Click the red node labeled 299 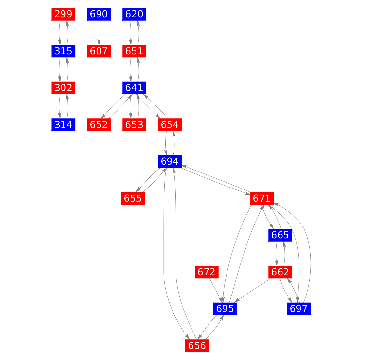tap(64, 14)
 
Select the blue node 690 tap(99, 14)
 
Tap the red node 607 tap(99, 51)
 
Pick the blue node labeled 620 tap(134, 14)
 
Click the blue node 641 tap(134, 88)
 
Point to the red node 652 tap(99, 125)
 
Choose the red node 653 tap(134, 125)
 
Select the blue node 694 tap(170, 162)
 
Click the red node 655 tap(133, 199)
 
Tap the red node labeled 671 tap(262, 199)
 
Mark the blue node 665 tap(280, 235)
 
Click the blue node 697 tap(299, 309)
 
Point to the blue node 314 tap(64, 125)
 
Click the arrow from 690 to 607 tap(99, 33)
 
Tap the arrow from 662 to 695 tap(254, 290)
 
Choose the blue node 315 tap(64, 51)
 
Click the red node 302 tap(64, 88)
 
